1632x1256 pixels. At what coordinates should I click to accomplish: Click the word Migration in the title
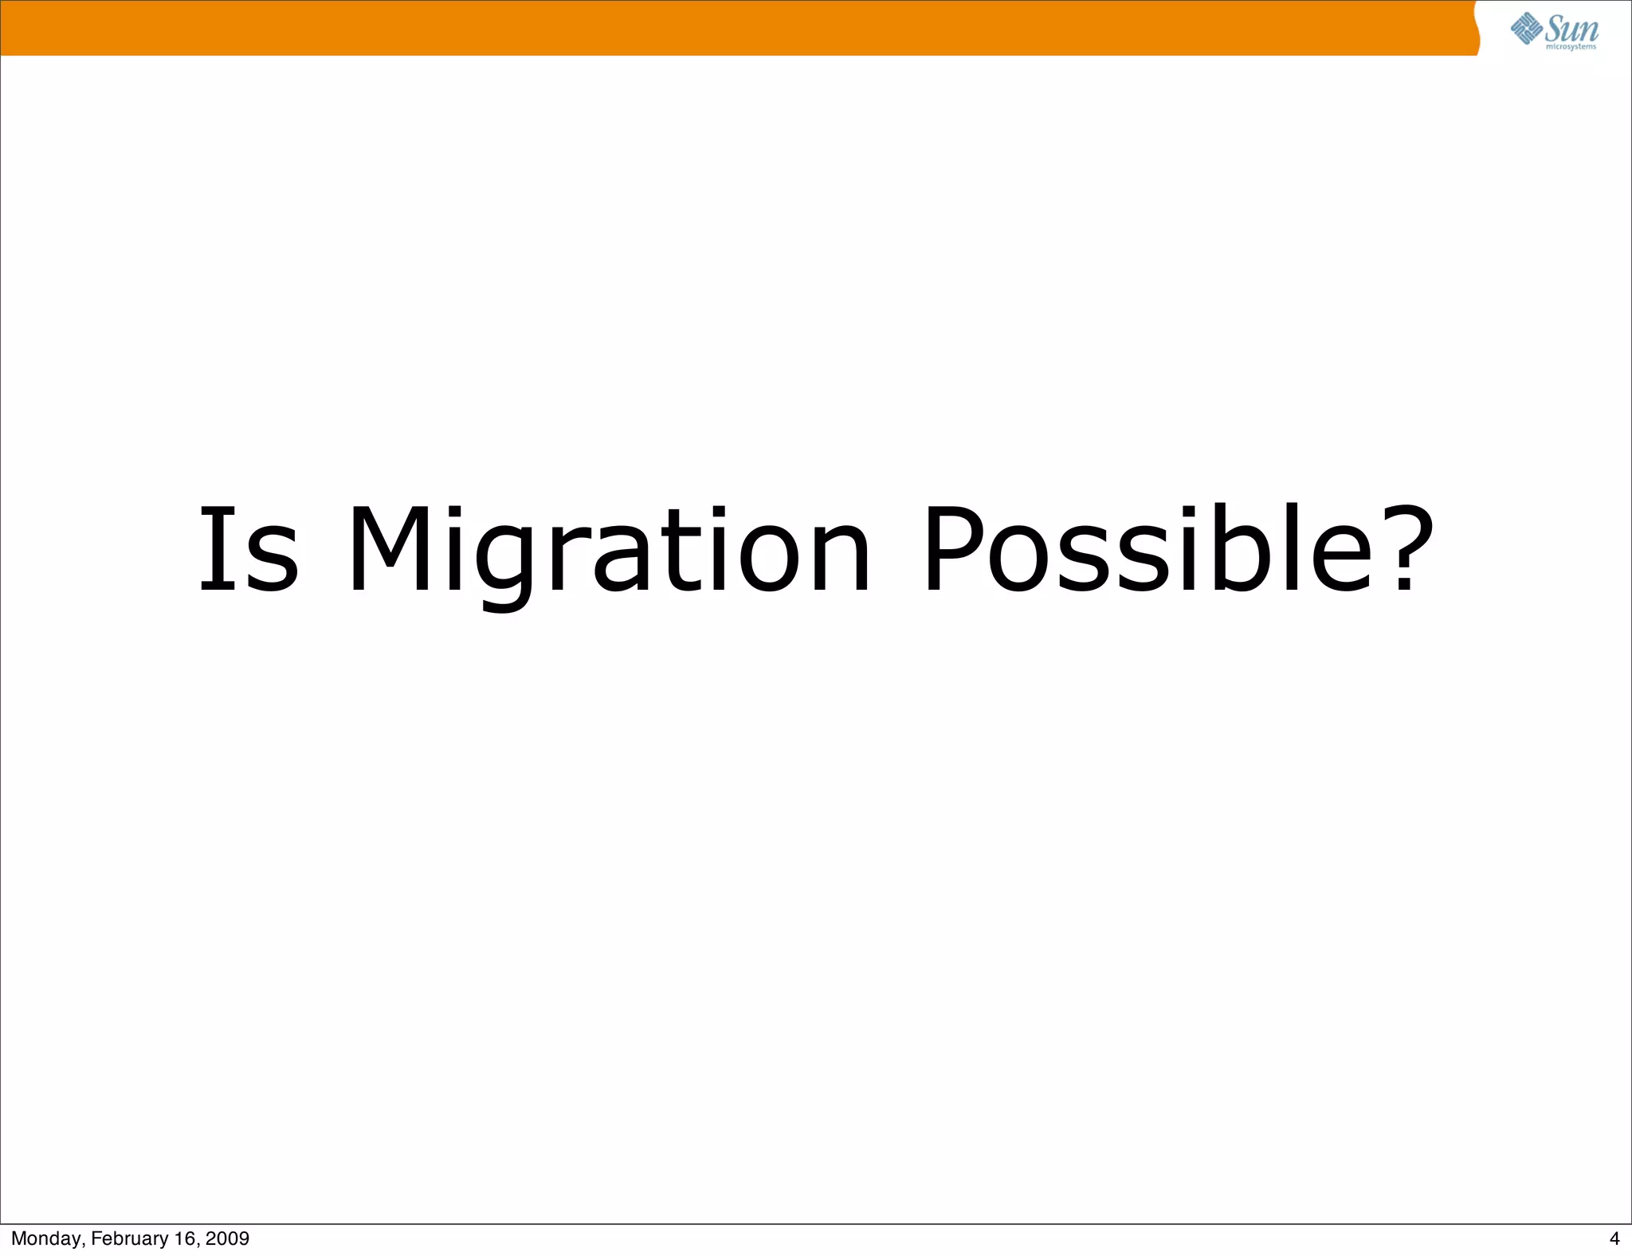point(610,550)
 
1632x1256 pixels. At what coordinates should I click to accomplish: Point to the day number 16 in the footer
point(185,1238)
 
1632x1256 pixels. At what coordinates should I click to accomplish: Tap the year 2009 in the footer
point(228,1238)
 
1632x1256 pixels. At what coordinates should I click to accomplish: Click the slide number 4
point(1614,1238)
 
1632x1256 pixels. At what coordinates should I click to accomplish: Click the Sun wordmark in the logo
point(1571,29)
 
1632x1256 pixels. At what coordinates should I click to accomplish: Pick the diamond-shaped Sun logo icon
point(1526,29)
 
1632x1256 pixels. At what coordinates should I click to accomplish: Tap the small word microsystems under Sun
point(1571,47)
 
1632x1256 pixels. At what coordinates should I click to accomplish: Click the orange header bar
point(717,28)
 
